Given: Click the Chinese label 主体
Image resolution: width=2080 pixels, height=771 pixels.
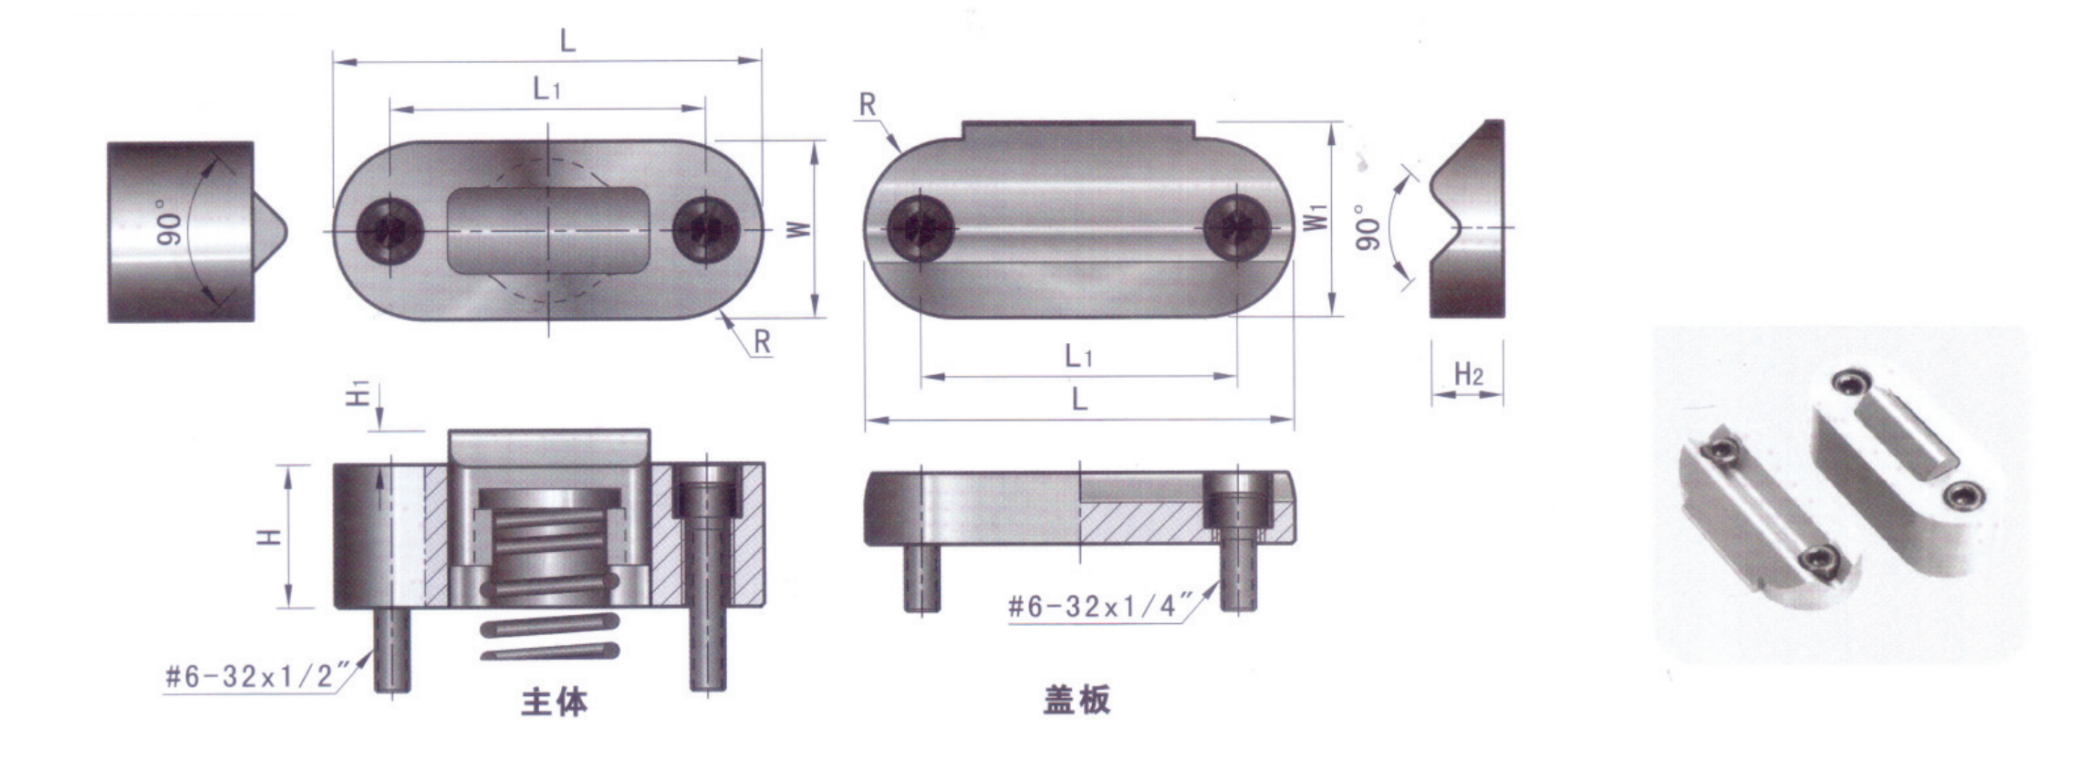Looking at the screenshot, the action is [554, 701].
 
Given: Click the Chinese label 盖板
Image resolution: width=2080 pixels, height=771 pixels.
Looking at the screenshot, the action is [1076, 699].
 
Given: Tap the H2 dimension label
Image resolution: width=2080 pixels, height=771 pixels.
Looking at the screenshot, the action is [1468, 374].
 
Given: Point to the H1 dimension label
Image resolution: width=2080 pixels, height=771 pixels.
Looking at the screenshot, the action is [359, 394].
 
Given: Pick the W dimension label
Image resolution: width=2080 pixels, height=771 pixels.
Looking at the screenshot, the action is [799, 228].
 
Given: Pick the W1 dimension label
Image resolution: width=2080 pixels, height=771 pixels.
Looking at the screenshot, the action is [1315, 219].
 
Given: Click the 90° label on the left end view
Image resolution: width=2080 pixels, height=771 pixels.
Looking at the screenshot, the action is [170, 223].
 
